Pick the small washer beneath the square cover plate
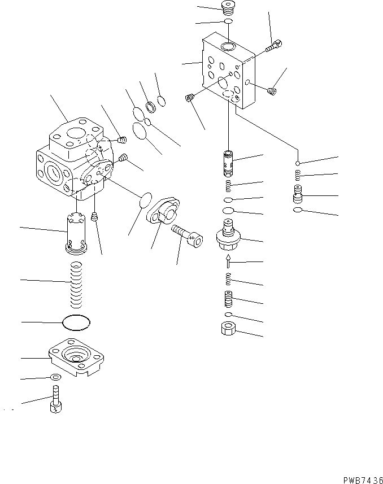(x=55, y=377)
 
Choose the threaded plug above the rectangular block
(x=228, y=8)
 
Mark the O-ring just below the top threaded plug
(x=228, y=21)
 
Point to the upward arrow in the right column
(x=228, y=260)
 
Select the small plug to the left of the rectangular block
(x=190, y=99)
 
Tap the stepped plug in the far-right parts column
(x=298, y=195)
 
